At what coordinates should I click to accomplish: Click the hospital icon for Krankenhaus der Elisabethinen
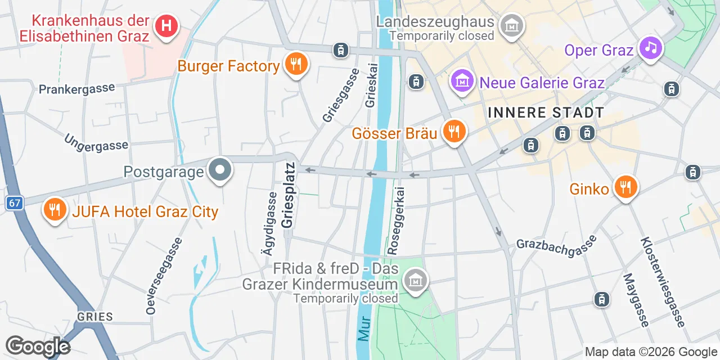pyautogui.click(x=166, y=26)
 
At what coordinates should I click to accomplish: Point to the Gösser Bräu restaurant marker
pyautogui.click(x=453, y=132)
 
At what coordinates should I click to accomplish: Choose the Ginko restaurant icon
pyautogui.click(x=625, y=186)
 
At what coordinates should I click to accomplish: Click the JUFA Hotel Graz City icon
pyautogui.click(x=54, y=210)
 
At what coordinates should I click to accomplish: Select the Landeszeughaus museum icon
pyautogui.click(x=512, y=25)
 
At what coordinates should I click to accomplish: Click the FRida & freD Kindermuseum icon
pyautogui.click(x=416, y=280)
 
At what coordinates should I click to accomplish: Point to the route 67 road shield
pyautogui.click(x=15, y=203)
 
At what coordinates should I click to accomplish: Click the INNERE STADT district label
pyautogui.click(x=546, y=112)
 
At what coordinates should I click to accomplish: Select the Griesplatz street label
pyautogui.click(x=288, y=195)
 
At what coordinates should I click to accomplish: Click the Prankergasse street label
pyautogui.click(x=76, y=88)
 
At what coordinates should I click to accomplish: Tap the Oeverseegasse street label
pyautogui.click(x=164, y=276)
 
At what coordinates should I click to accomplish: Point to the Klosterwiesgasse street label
pyautogui.click(x=661, y=281)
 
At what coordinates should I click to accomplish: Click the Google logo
pyautogui.click(x=38, y=346)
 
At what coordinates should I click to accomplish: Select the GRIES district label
pyautogui.click(x=96, y=317)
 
